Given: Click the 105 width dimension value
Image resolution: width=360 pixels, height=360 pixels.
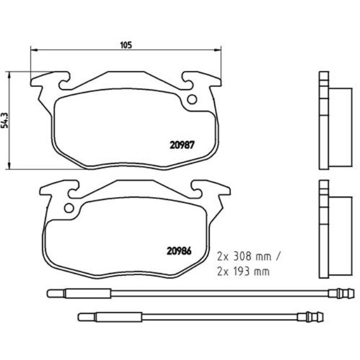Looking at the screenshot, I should click(x=126, y=45).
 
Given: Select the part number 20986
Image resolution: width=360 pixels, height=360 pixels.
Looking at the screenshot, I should click(x=179, y=249).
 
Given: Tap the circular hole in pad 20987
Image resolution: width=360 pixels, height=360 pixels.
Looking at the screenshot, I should click(x=192, y=100).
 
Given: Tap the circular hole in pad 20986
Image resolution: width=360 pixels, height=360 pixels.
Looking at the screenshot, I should click(x=69, y=209).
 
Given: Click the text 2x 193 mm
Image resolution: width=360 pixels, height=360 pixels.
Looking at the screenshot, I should click(x=243, y=271).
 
